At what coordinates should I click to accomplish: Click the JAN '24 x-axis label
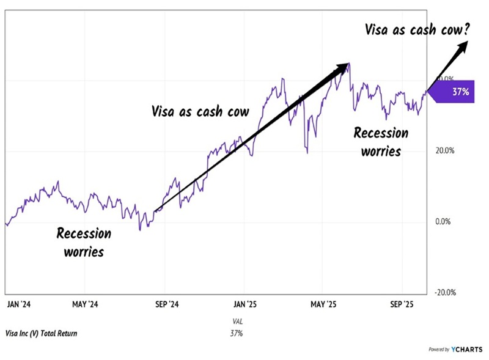point(20,304)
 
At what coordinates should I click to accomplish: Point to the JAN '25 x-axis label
point(244,304)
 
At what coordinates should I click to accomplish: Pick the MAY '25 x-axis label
point(323,304)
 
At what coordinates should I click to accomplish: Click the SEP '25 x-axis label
point(402,304)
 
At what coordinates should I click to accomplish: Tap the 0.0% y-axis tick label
point(444,221)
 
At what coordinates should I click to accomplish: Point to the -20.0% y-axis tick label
point(444,292)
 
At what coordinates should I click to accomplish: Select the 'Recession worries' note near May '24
point(84,241)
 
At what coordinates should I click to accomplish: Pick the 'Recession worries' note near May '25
point(381,141)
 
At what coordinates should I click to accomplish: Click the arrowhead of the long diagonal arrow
point(344,67)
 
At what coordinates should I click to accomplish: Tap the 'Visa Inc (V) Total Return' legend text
point(41,333)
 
